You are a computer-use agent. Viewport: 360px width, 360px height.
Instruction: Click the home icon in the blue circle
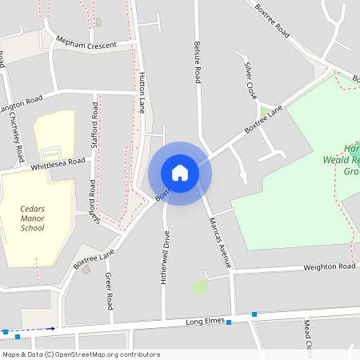click(180, 172)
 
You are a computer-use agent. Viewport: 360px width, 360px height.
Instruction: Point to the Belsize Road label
click(196, 62)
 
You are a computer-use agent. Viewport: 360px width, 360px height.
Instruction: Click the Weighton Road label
click(328, 267)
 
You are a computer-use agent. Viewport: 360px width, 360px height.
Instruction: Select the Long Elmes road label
click(203, 322)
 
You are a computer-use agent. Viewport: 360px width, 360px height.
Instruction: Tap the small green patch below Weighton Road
click(200, 286)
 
